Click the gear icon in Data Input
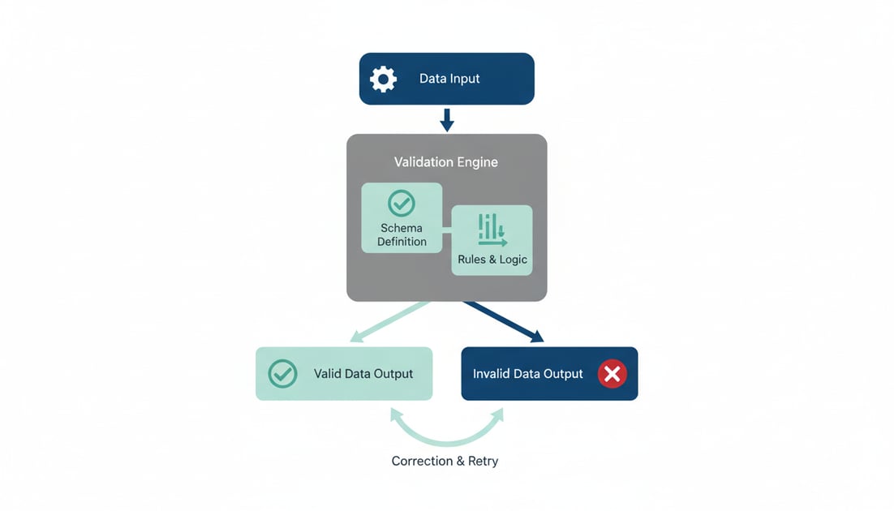[x=383, y=79]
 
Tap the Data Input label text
[x=449, y=79]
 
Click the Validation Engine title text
[x=446, y=162]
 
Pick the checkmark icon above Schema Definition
[x=402, y=203]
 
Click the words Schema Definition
[x=402, y=234]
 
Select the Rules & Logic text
[x=492, y=260]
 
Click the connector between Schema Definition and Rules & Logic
[x=447, y=230]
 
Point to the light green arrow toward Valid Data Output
[x=389, y=322]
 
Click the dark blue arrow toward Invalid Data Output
[x=503, y=322]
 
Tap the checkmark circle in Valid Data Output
[x=282, y=374]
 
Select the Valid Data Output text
[x=363, y=374]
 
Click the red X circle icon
[x=612, y=374]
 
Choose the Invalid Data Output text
[x=527, y=374]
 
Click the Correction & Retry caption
[x=445, y=461]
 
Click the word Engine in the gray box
[x=477, y=162]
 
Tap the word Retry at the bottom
[x=482, y=461]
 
